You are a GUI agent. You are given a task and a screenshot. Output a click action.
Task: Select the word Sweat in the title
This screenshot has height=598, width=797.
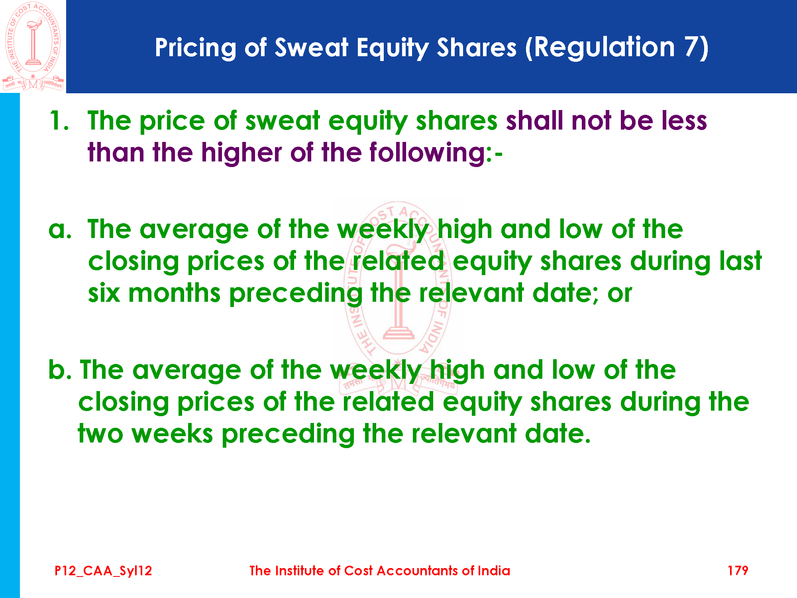tap(312, 47)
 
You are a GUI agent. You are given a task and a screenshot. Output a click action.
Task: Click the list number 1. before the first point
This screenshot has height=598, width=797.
tap(59, 120)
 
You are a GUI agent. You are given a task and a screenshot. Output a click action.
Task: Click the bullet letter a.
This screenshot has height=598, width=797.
tap(60, 230)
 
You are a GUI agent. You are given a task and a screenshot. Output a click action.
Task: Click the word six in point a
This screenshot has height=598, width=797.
tap(104, 293)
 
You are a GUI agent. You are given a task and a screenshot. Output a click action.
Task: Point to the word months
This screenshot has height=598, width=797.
tap(175, 293)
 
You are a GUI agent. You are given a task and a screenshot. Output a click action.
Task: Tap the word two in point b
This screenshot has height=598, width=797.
tap(100, 434)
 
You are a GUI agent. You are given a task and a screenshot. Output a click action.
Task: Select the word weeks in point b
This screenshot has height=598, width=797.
tap(172, 434)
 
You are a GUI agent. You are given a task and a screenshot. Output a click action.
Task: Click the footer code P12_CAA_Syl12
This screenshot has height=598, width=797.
tap(103, 571)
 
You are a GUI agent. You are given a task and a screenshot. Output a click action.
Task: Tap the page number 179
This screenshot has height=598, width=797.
tap(738, 570)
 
